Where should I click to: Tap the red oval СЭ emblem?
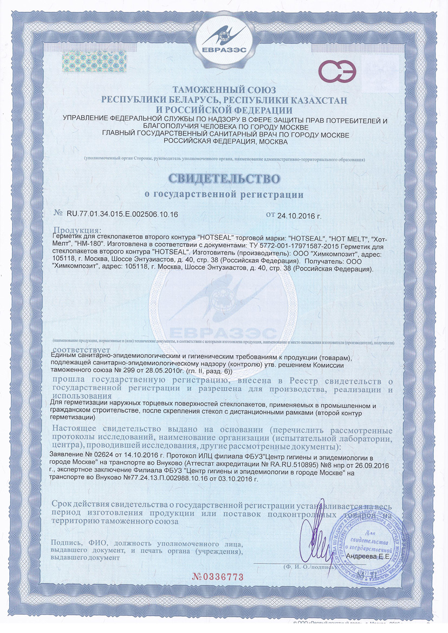point(336,71)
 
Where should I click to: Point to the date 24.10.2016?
point(299,215)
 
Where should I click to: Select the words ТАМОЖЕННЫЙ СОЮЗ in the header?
point(224,89)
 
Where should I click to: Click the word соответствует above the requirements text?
point(76,350)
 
